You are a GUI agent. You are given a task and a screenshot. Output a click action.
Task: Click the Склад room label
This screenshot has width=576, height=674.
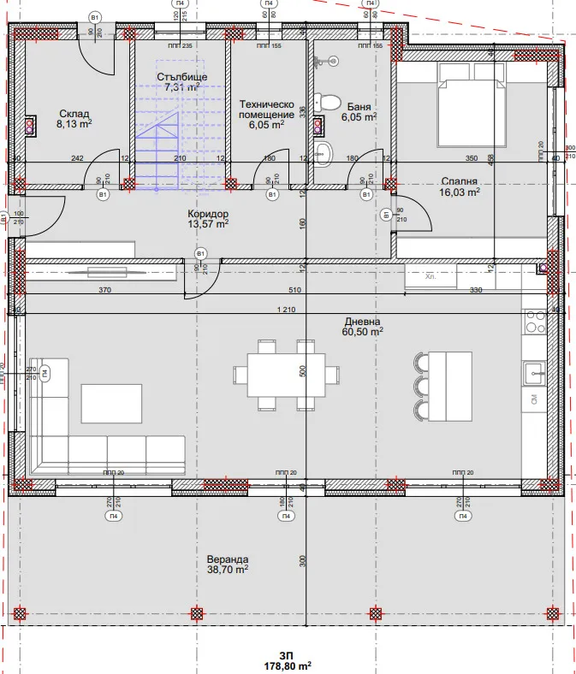74,118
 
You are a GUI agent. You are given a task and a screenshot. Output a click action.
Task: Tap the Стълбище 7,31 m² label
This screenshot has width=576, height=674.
181,81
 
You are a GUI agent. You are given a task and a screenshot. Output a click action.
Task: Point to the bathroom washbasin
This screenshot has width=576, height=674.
324,153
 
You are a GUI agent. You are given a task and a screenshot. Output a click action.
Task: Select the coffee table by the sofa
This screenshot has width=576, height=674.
111,402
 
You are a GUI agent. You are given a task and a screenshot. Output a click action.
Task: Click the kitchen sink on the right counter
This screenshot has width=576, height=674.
534,371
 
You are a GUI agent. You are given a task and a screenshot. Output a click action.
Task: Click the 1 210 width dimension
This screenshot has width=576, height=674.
286,310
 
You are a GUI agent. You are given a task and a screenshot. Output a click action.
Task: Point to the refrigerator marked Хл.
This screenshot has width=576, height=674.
431,277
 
